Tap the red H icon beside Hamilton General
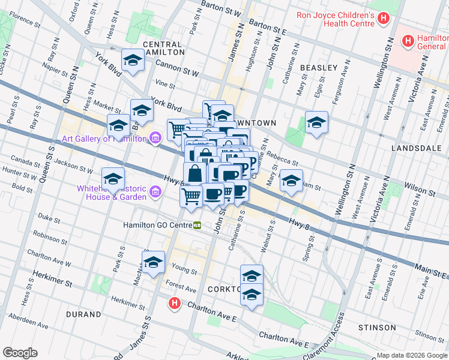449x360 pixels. [x=408, y=41]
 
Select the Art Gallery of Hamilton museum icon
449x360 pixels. [x=155, y=139]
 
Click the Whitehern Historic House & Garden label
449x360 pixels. [x=112, y=193]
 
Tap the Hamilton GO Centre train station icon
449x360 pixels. [x=197, y=226]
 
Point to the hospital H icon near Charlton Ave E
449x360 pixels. [x=174, y=304]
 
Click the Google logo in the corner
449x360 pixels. [x=20, y=353]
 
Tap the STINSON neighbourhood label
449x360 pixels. [x=376, y=328]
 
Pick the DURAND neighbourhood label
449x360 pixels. [x=84, y=314]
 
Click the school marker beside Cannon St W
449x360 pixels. [x=133, y=60]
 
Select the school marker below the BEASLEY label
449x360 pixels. [x=316, y=123]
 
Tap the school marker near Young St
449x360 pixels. [x=153, y=262]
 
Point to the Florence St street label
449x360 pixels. [x=25, y=22]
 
